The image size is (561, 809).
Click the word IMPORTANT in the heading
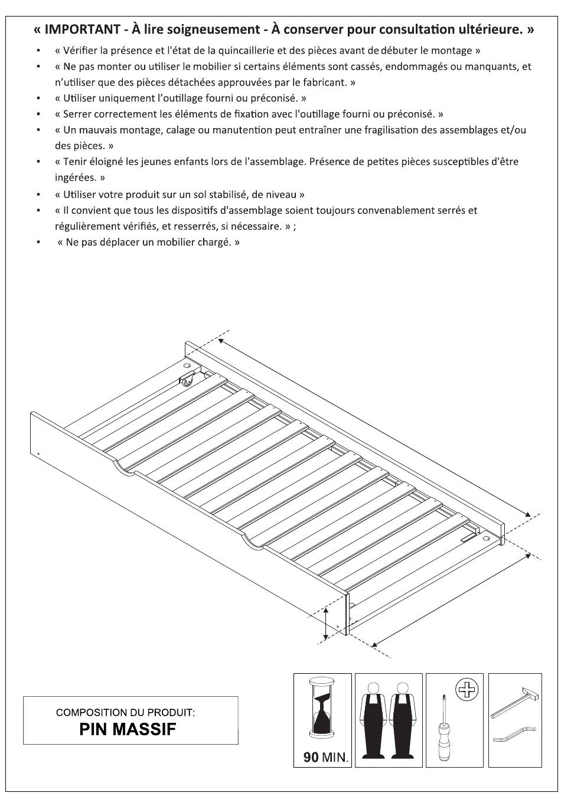(x=82, y=30)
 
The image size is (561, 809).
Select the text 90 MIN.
(x=325, y=757)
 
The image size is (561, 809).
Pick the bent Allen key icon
(x=515, y=734)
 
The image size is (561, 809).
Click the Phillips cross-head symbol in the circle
(x=467, y=690)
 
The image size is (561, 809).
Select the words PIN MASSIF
(x=128, y=729)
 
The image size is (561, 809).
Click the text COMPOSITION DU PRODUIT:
(x=125, y=713)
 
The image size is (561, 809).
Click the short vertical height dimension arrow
(x=326, y=624)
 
